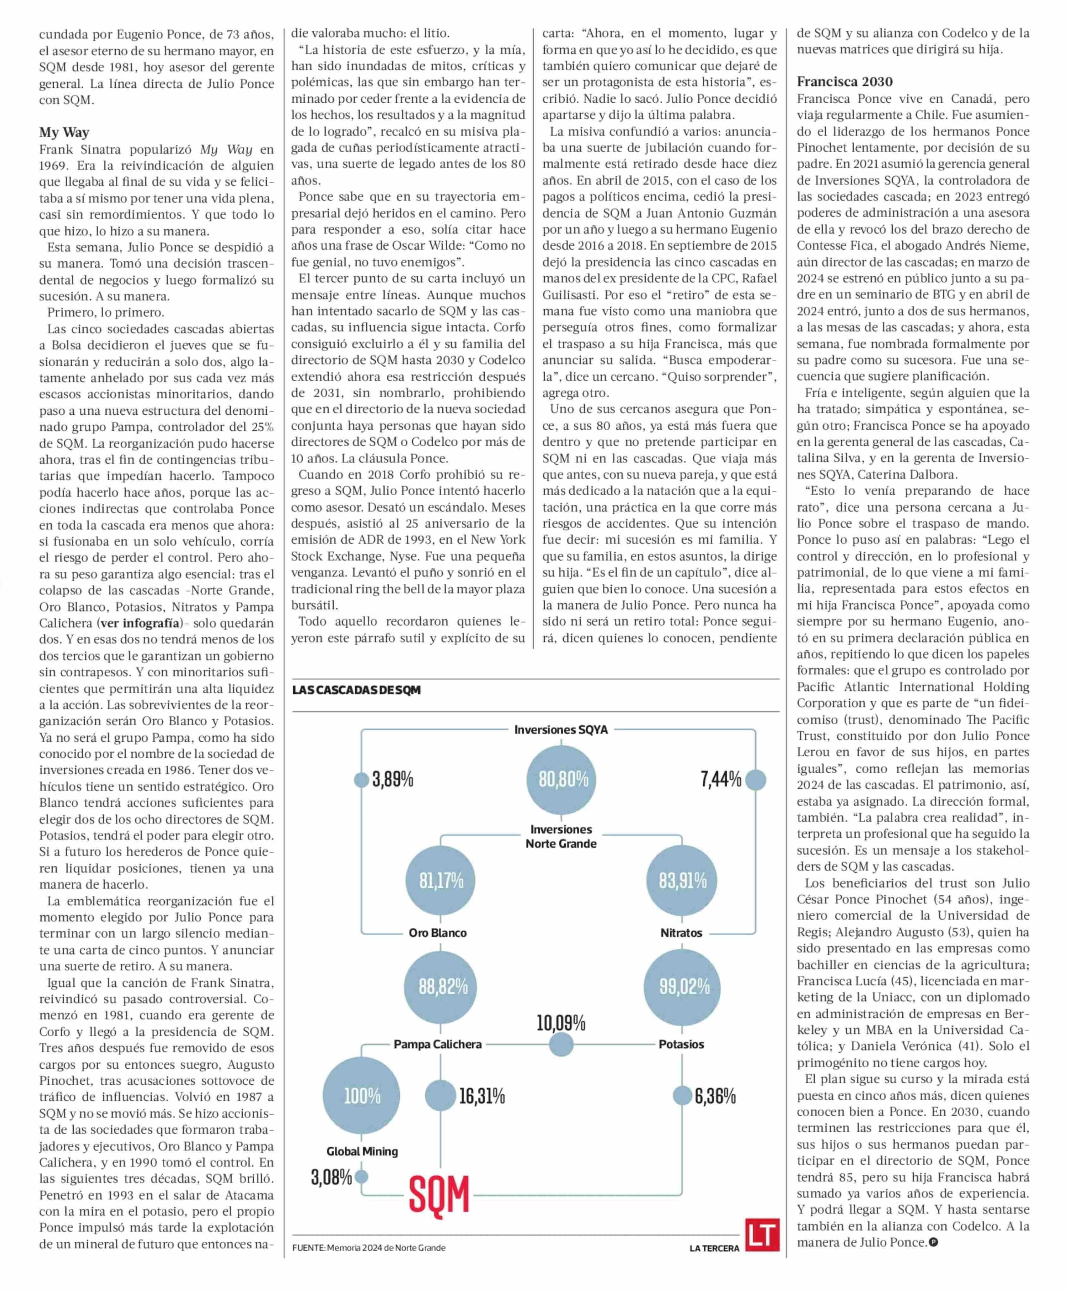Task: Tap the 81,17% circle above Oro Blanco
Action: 441,881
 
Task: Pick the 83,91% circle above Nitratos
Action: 682,881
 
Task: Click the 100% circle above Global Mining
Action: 362,1095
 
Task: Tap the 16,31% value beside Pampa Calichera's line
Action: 482,1095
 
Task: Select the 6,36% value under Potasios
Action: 715,1095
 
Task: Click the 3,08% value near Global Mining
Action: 332,1177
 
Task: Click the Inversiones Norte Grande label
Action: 560,836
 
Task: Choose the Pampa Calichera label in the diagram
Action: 437,1044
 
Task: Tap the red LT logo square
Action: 762,1234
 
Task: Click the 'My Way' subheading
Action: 64,132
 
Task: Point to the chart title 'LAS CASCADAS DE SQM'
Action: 356,690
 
